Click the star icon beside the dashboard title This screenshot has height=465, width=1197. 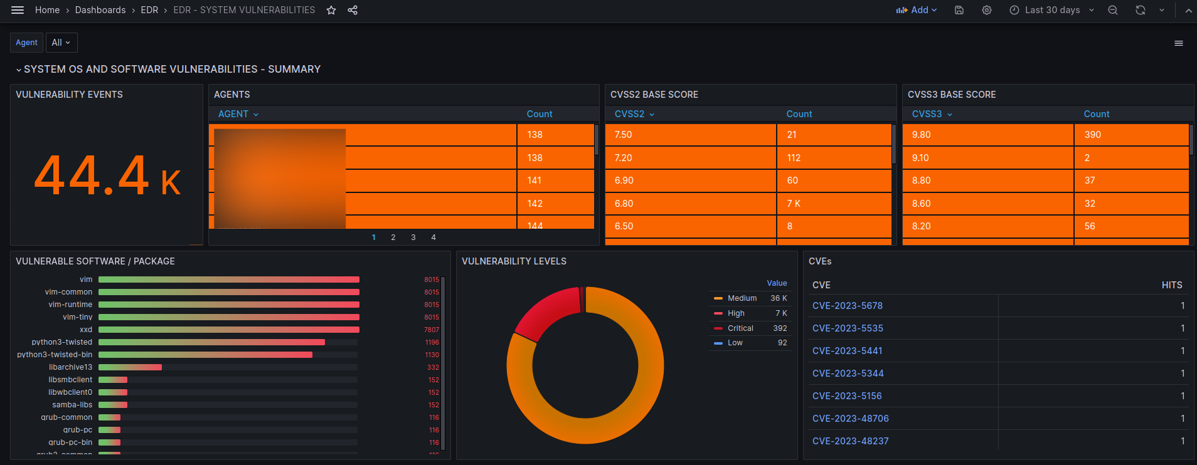point(331,10)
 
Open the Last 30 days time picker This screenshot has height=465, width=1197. point(1052,10)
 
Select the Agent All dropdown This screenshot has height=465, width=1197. point(61,43)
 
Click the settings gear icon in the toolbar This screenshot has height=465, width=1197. point(987,10)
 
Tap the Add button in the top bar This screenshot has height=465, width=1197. point(917,10)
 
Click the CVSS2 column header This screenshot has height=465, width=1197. point(630,114)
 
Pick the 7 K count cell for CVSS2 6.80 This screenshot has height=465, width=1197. point(794,204)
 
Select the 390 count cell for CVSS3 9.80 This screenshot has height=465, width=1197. point(1093,135)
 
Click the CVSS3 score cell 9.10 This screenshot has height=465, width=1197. point(920,158)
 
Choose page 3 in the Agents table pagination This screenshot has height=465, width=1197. point(413,238)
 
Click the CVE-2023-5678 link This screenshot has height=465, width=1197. point(848,306)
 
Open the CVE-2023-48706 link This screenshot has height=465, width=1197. point(851,419)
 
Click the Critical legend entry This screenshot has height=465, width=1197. point(740,328)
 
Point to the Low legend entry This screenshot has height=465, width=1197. point(735,343)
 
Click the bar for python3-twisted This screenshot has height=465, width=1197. point(211,342)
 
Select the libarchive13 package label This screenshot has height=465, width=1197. point(70,367)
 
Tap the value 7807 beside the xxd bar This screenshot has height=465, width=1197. point(432,330)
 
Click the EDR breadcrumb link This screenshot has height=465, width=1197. point(149,10)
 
